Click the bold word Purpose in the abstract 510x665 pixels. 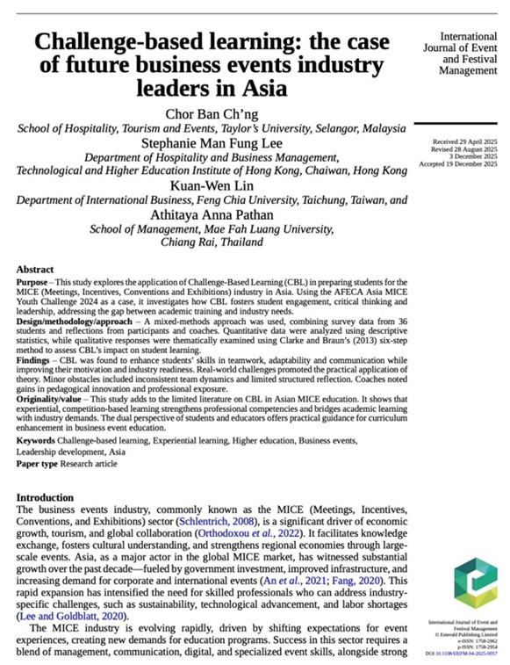click(x=37, y=282)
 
